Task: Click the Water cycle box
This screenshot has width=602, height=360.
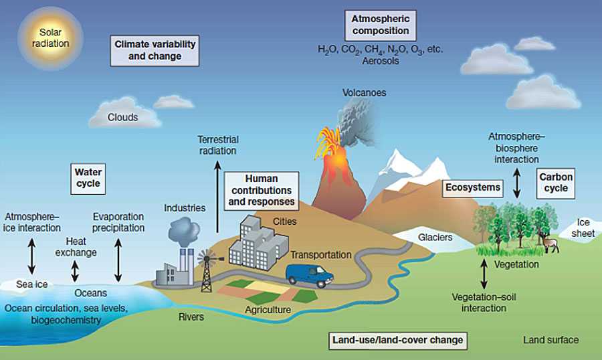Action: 88,178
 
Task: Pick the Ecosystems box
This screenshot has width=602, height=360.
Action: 474,188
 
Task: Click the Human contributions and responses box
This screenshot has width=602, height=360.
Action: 260,190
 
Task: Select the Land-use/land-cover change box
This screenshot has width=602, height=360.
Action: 397,340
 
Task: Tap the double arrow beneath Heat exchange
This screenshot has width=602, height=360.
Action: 75,270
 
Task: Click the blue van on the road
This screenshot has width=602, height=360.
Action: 309,274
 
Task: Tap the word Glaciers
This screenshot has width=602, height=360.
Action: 435,238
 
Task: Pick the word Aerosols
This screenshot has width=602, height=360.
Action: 380,60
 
